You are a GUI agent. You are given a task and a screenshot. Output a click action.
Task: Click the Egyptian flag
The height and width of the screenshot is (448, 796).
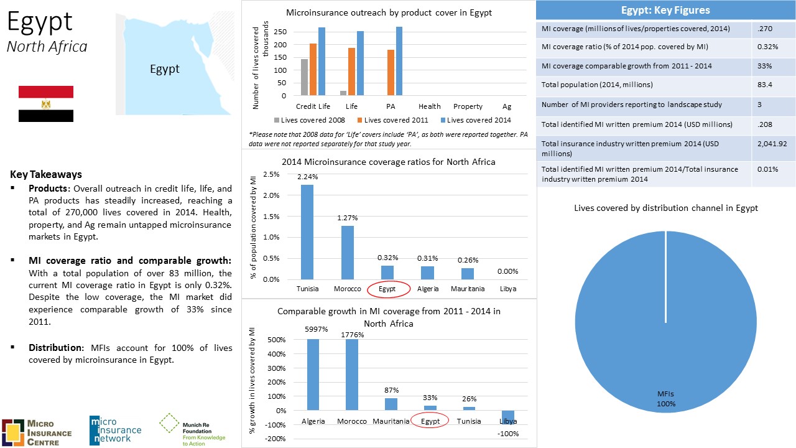coord(46,104)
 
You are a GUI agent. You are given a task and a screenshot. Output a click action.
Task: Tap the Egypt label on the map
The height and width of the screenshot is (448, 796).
coord(165,69)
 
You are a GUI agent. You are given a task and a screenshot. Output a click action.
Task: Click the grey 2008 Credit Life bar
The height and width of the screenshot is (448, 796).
coord(305,78)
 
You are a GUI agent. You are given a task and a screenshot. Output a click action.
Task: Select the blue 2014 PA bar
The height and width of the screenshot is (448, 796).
coord(399,62)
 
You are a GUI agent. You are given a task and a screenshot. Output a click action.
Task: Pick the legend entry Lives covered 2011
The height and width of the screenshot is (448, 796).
coord(392,120)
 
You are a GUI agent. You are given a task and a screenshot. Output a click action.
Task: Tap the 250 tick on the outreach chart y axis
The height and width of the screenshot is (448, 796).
coord(280,32)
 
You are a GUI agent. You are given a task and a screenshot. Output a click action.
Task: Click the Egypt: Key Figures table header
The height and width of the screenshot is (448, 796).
coord(665,10)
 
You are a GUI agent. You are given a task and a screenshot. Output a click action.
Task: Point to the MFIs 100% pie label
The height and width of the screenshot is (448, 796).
coord(665,399)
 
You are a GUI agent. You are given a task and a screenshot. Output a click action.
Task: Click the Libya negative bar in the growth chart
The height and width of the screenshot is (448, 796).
coord(508,418)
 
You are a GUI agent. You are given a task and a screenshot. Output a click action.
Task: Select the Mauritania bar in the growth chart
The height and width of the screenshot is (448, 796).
coord(391,404)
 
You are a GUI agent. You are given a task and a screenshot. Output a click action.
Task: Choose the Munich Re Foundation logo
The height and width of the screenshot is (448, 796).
coord(193,430)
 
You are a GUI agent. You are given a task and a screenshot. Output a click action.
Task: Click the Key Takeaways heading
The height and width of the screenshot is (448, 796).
coord(46,174)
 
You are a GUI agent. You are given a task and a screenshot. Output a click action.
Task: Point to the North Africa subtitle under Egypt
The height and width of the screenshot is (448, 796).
coord(47,47)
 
